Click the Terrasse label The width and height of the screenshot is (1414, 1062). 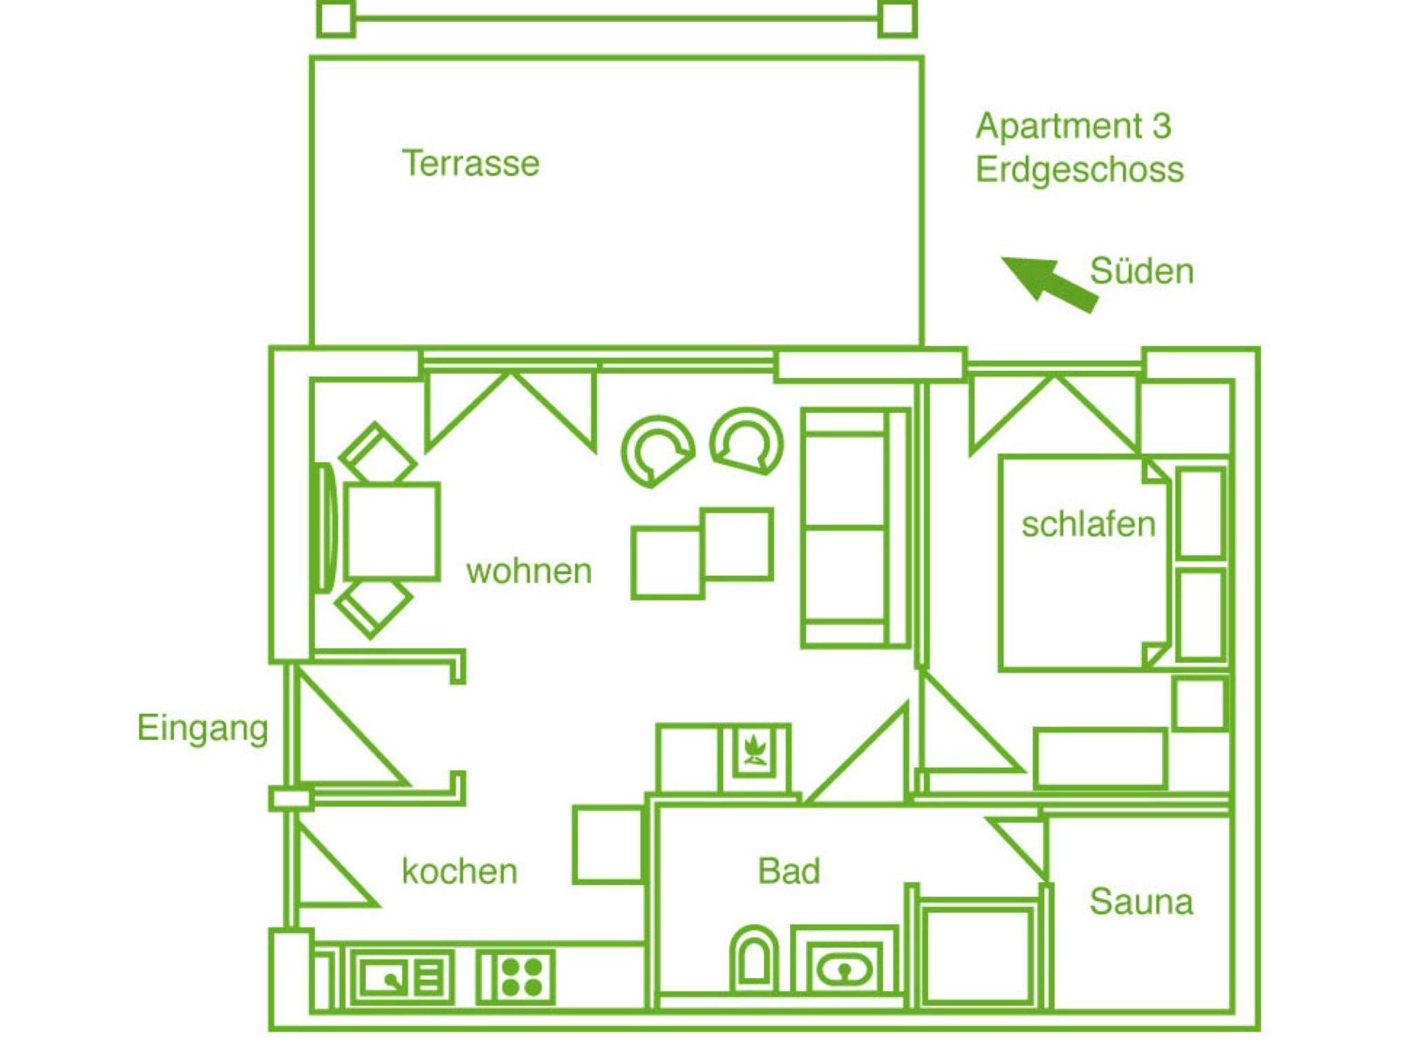tap(470, 164)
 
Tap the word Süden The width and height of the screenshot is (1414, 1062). tap(1142, 271)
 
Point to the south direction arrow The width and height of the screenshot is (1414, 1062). tap(1049, 283)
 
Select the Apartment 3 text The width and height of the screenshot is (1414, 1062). tap(1074, 126)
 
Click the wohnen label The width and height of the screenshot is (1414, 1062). tap(530, 572)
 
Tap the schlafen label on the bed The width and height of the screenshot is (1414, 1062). tap(1089, 524)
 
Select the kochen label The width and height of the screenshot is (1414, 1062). tap(460, 871)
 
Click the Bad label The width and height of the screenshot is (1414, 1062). tap(789, 871)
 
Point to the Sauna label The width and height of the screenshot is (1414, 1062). tap(1141, 902)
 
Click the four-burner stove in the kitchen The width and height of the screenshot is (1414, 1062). tap(516, 978)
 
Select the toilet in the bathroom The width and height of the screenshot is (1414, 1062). tap(753, 960)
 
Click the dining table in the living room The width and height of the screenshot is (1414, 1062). tap(391, 530)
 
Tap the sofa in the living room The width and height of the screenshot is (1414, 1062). tap(855, 528)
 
